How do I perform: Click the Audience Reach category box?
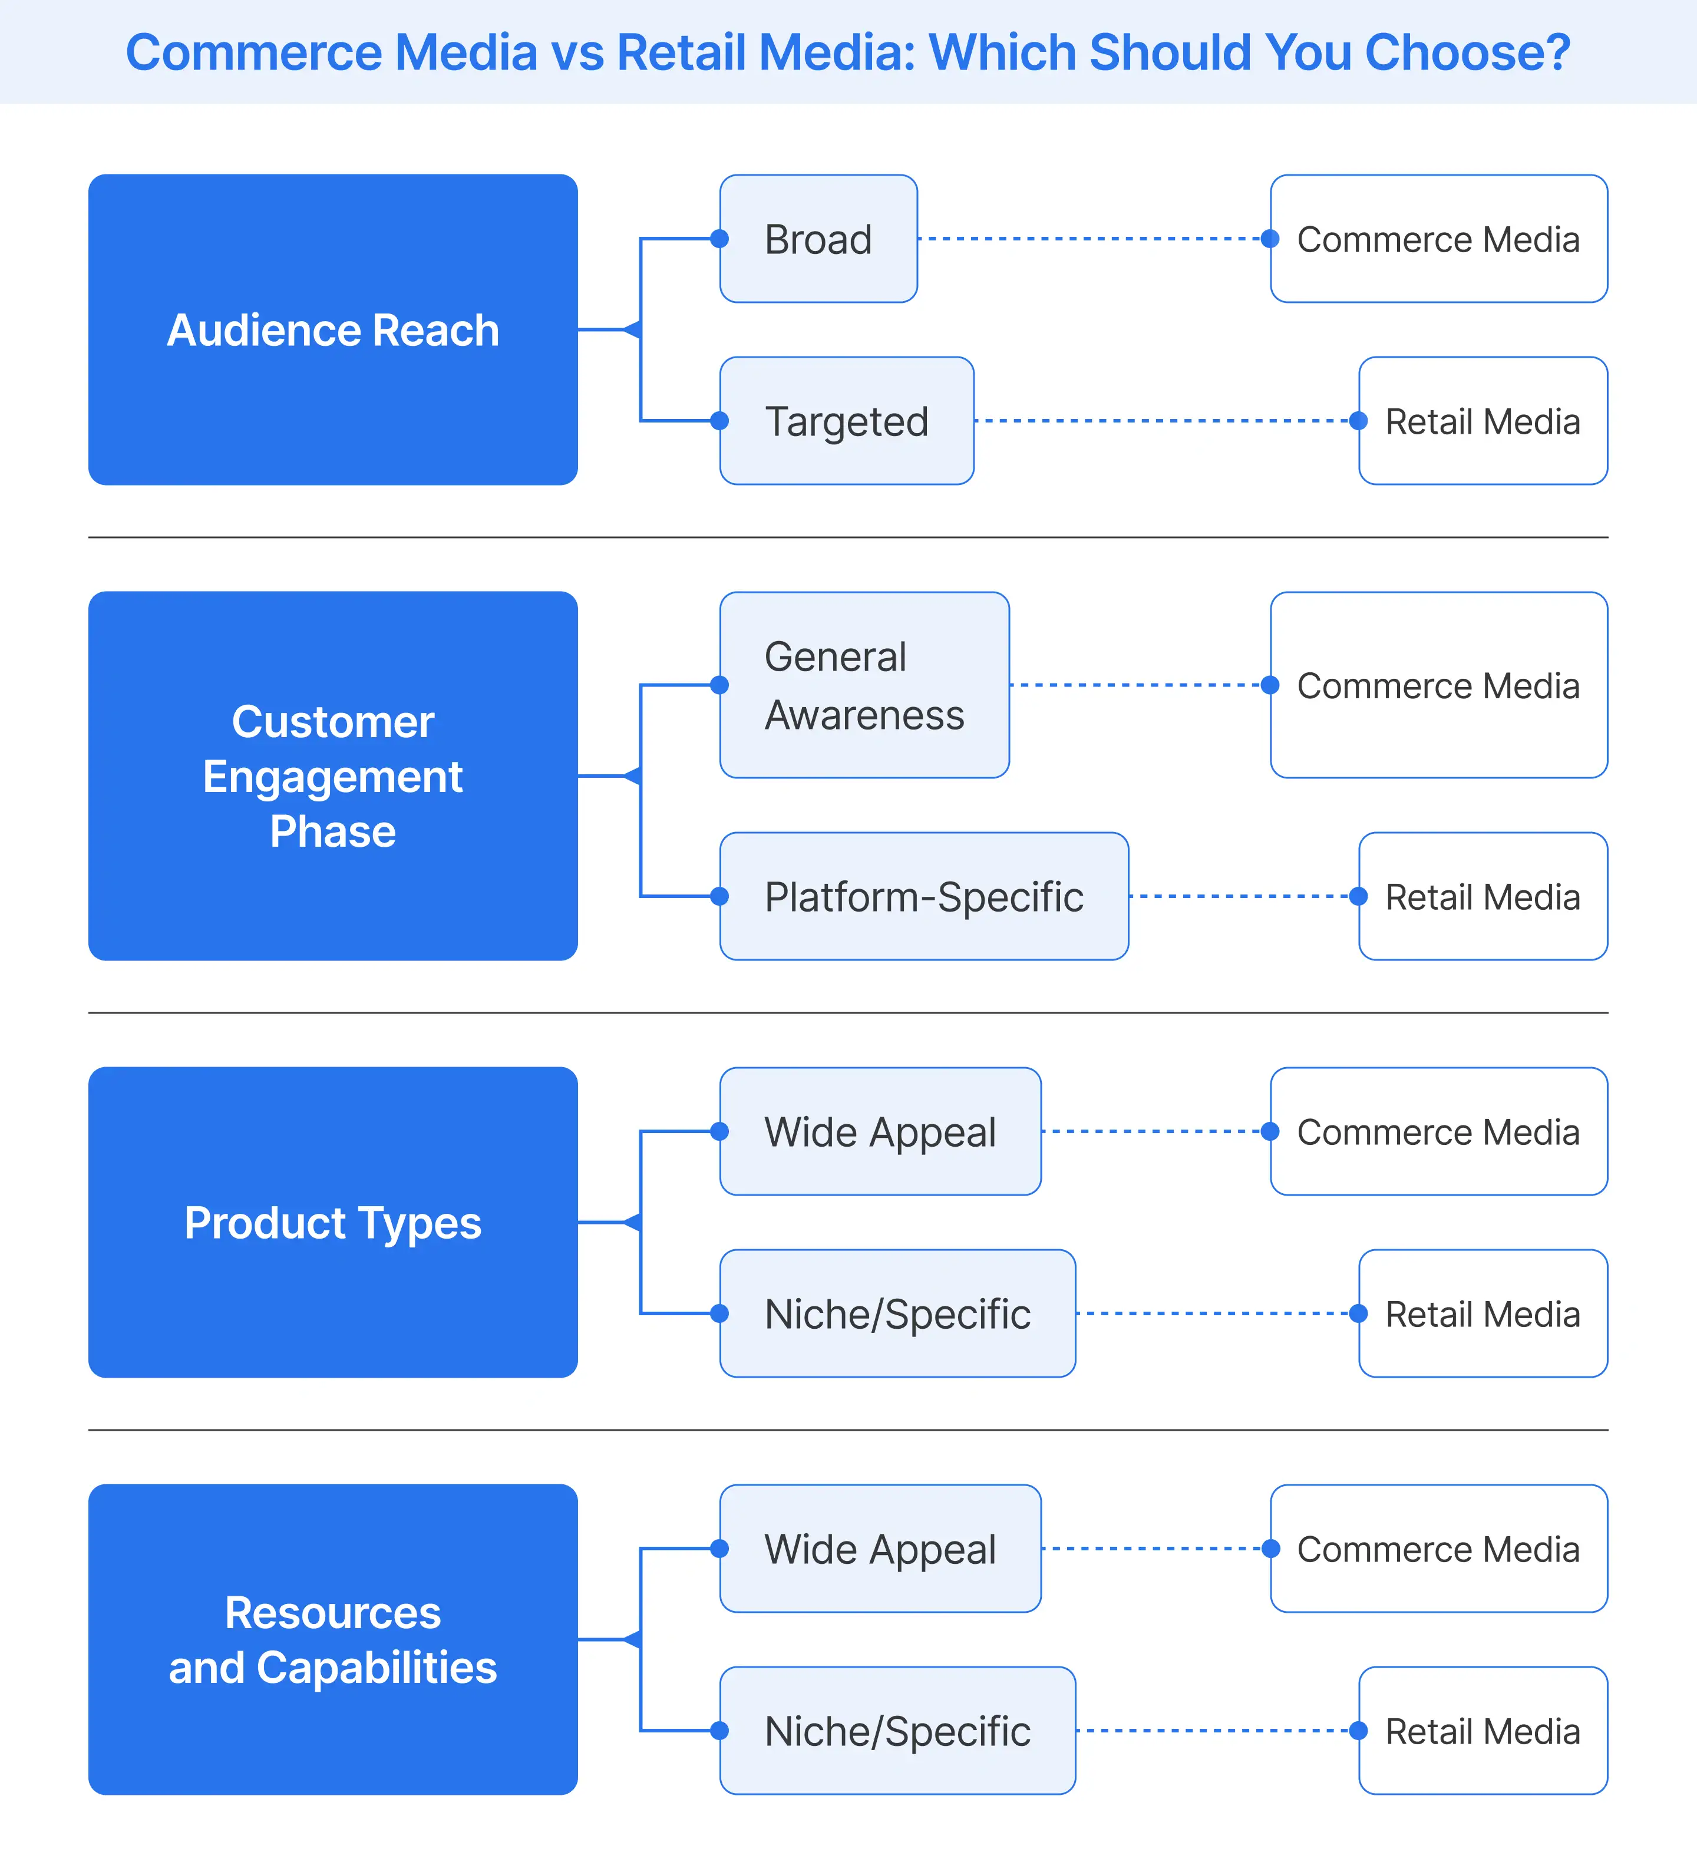coord(333,329)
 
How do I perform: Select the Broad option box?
coord(818,239)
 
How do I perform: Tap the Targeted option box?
coord(846,420)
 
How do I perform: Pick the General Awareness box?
coord(864,685)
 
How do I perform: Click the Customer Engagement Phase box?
coord(333,775)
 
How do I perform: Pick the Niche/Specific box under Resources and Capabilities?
coord(897,1730)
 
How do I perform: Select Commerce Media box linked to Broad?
coord(1438,239)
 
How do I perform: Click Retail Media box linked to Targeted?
coord(1482,420)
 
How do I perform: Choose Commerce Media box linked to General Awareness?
coord(1438,685)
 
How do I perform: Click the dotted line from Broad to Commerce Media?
coord(1092,239)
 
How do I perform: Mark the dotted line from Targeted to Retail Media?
coord(1163,420)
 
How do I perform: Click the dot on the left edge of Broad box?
coord(719,239)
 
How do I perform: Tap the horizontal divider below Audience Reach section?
coord(848,537)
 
